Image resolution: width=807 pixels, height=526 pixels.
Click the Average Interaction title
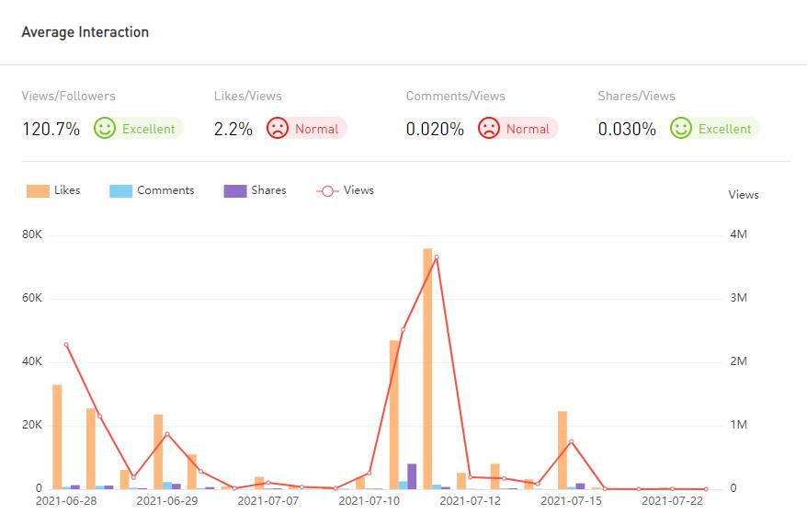pyautogui.click(x=85, y=32)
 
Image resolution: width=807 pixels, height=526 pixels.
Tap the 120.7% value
pyautogui.click(x=51, y=129)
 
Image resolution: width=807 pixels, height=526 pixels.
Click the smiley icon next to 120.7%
pyautogui.click(x=105, y=129)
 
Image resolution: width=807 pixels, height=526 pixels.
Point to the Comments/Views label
pyautogui.click(x=455, y=96)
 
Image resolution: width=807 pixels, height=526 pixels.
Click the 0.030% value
pyautogui.click(x=627, y=129)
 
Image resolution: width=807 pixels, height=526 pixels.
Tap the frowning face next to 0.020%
pyautogui.click(x=489, y=129)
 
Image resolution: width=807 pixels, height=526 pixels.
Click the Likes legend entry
pyautogui.click(x=54, y=190)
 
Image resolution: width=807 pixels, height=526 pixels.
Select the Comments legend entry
pyautogui.click(x=153, y=190)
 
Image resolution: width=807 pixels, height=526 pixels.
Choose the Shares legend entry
pyautogui.click(x=256, y=190)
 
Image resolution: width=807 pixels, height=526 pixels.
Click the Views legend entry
pyautogui.click(x=346, y=190)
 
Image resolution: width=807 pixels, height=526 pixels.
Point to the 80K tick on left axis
pyautogui.click(x=32, y=234)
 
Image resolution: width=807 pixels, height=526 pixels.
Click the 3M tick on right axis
pyautogui.click(x=737, y=298)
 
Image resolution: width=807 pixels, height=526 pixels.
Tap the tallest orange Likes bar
pyautogui.click(x=427, y=368)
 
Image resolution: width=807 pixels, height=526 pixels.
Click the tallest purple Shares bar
pyautogui.click(x=412, y=476)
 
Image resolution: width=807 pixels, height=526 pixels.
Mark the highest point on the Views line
pyautogui.click(x=437, y=257)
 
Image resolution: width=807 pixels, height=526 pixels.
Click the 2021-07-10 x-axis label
pyautogui.click(x=369, y=501)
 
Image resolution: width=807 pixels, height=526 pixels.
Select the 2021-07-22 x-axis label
pyautogui.click(x=673, y=501)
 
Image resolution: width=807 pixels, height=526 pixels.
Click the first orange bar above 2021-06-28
pyautogui.click(x=57, y=437)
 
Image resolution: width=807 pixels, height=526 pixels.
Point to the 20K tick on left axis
pyautogui.click(x=32, y=425)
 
